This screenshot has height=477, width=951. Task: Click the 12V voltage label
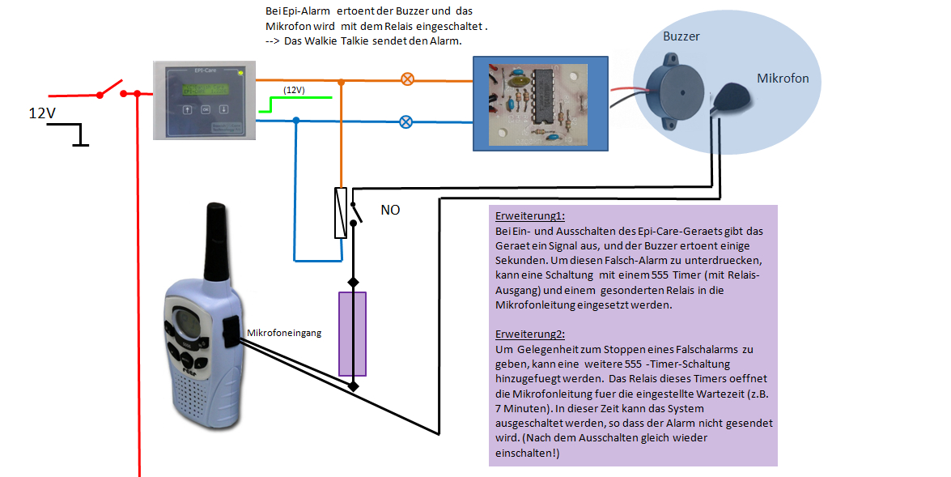pyautogui.click(x=43, y=114)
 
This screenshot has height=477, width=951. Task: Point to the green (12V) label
pyautogui.click(x=294, y=90)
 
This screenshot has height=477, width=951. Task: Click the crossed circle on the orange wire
pyautogui.click(x=408, y=79)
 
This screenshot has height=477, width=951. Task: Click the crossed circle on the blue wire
pyautogui.click(x=407, y=122)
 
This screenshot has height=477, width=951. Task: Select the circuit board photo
pyautogui.click(x=540, y=103)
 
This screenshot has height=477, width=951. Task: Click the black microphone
pyautogui.click(x=733, y=98)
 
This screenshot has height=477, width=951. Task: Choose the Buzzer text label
pyautogui.click(x=681, y=36)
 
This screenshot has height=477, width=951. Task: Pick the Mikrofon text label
pyautogui.click(x=783, y=79)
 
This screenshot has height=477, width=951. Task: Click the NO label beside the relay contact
pyautogui.click(x=390, y=210)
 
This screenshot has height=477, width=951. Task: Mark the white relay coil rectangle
pyautogui.click(x=341, y=213)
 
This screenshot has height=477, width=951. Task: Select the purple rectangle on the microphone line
pyautogui.click(x=353, y=334)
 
